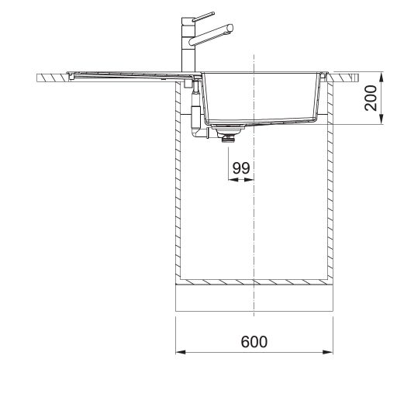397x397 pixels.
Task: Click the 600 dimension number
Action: click(x=254, y=342)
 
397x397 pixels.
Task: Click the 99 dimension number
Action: click(x=241, y=168)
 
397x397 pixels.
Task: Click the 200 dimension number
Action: click(x=371, y=98)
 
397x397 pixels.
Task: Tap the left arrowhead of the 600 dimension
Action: click(x=181, y=352)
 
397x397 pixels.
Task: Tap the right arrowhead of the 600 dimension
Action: click(x=328, y=352)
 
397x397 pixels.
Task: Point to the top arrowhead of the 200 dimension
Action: click(x=381, y=78)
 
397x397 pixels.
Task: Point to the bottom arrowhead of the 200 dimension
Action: click(x=381, y=119)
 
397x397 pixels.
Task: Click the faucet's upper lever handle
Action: click(x=204, y=16)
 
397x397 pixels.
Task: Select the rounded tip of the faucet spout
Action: click(x=230, y=28)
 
